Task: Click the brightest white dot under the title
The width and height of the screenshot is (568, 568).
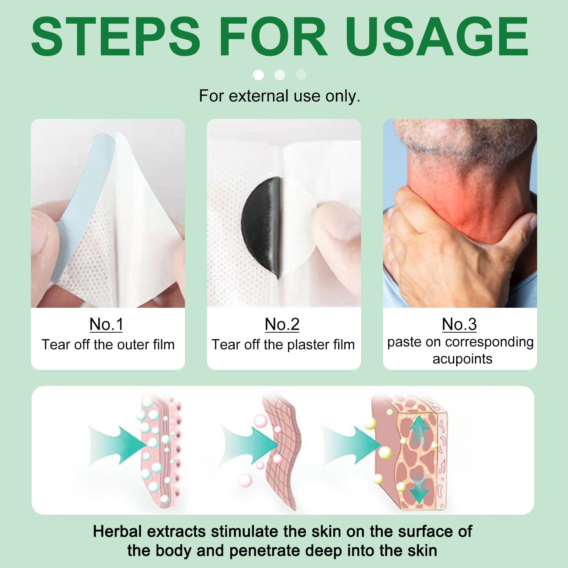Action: click(258, 75)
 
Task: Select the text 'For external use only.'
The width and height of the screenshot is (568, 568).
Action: click(280, 96)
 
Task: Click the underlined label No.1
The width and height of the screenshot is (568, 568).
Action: click(106, 324)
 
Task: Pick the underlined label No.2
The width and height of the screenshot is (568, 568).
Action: click(282, 324)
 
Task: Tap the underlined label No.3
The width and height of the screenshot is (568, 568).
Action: click(459, 324)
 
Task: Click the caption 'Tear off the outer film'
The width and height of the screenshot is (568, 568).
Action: click(108, 345)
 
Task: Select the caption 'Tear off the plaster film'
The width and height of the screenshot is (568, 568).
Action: click(283, 345)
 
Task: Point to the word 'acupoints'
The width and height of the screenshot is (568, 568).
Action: click(463, 359)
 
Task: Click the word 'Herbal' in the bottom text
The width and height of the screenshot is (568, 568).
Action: click(118, 531)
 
